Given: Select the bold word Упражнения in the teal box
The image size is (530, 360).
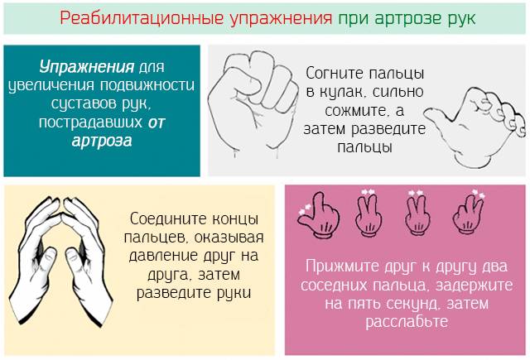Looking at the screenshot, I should tap(87, 65).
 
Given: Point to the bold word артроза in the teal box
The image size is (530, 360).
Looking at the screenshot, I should tap(102, 140).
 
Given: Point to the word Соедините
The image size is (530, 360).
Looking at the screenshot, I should tap(165, 220).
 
